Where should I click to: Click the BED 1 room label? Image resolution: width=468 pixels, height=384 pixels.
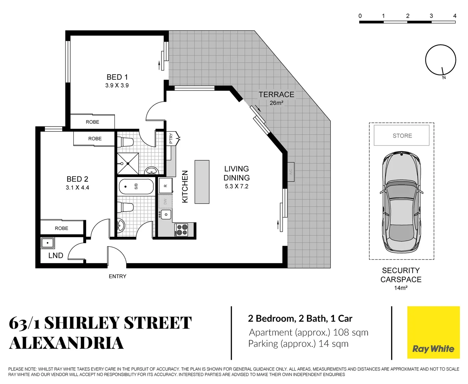[117, 77]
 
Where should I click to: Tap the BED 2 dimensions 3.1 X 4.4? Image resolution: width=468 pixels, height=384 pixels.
[77, 188]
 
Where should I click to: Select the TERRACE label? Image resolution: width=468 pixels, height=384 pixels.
[276, 95]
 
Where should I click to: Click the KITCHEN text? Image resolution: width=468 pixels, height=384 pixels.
[185, 187]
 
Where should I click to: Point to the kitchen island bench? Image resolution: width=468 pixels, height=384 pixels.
[202, 182]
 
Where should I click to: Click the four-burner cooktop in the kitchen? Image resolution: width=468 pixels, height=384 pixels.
[182, 230]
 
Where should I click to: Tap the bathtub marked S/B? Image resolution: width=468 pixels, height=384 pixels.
[136, 186]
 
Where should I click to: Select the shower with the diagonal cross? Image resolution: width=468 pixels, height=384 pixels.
[128, 164]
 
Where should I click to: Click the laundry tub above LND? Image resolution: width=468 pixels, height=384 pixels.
[47, 243]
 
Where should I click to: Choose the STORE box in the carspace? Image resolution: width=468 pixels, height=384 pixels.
[401, 135]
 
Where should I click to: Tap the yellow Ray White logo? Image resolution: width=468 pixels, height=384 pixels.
[433, 332]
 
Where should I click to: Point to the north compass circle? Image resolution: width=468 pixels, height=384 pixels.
[441, 60]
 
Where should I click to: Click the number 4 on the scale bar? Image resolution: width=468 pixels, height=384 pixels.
[454, 16]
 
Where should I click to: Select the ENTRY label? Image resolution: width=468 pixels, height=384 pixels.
[117, 276]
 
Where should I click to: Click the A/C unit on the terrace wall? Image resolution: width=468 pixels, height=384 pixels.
[291, 172]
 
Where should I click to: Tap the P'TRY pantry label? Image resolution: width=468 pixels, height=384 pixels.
[171, 138]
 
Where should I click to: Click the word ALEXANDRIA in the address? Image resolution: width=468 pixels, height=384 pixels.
[66, 343]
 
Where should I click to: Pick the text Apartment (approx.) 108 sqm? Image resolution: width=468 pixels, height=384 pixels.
[308, 332]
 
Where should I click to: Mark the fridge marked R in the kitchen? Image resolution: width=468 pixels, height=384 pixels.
[165, 186]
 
